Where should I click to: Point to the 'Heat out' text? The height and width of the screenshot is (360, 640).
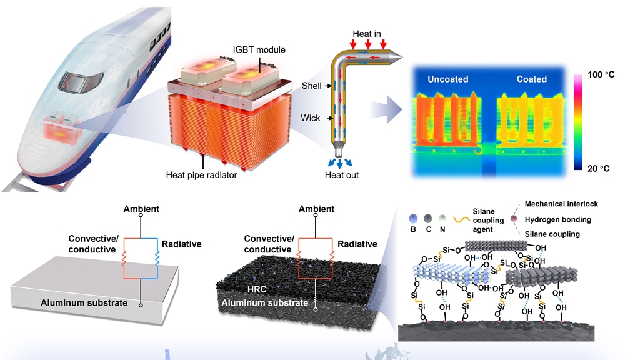point(342,175)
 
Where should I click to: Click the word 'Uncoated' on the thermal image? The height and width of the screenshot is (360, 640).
point(448,79)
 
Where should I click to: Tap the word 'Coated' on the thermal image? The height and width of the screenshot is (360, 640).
point(532,79)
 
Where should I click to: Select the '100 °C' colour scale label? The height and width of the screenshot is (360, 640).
point(602,75)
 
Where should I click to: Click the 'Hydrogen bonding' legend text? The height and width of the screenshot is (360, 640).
point(558,219)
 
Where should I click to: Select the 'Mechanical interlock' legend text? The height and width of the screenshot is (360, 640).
point(562,204)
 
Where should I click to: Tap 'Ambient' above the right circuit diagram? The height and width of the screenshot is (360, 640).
point(316,209)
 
